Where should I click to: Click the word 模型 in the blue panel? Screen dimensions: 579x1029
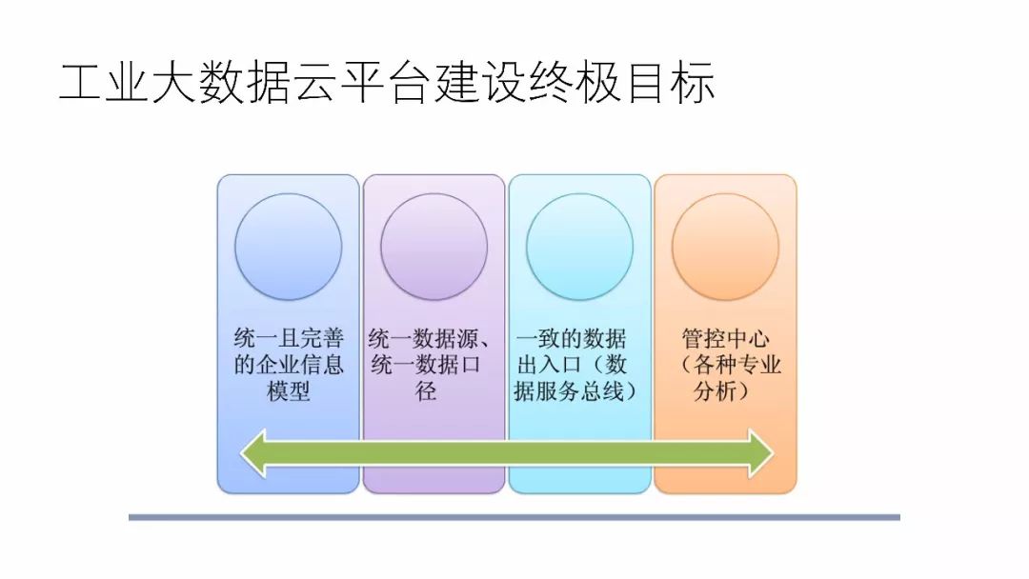coord(288,391)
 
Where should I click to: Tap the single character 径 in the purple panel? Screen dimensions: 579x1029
coord(426,391)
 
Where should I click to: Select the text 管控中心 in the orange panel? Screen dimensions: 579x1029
coord(726,339)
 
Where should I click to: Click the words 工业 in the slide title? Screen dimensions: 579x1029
coord(104,84)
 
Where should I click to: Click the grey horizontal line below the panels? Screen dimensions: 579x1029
coord(514,517)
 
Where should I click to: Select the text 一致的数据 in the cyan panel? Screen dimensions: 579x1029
coord(572,339)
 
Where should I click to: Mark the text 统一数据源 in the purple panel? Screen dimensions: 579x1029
coord(419,339)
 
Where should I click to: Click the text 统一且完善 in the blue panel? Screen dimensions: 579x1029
coord(289,339)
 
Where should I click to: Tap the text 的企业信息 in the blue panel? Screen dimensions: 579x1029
coord(289,365)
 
